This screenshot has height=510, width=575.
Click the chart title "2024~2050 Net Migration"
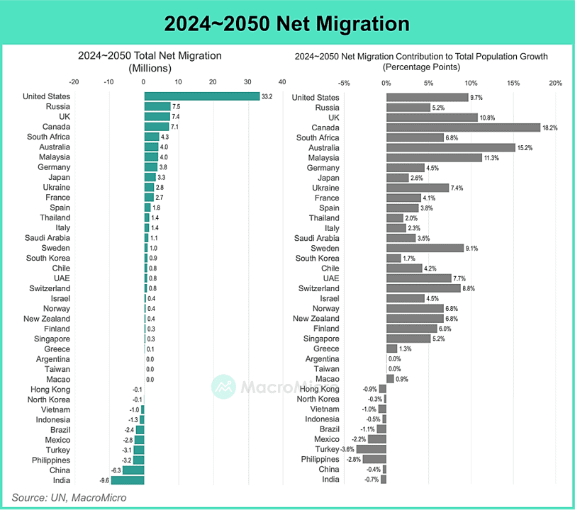tap(287, 23)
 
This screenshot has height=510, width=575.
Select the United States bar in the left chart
tap(201, 96)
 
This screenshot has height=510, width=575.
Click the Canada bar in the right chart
tap(463, 127)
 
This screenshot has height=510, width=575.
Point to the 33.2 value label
tap(267, 96)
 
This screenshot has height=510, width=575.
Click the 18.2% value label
tap(549, 127)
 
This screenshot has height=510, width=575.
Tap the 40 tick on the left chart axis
tap(282, 82)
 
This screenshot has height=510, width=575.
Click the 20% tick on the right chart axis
tap(555, 82)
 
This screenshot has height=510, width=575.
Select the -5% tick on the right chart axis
tap(344, 82)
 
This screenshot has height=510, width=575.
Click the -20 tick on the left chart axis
tap(74, 82)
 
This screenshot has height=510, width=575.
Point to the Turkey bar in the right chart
tap(371, 450)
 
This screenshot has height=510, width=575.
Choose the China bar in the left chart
tap(133, 470)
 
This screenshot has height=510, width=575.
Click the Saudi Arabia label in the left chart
tap(48, 238)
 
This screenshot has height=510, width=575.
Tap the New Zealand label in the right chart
tap(316, 319)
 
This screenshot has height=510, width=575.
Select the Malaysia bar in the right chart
tap(434, 157)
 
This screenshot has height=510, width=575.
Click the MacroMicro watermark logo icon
tap(224, 387)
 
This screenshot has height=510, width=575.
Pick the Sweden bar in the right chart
tap(425, 249)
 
